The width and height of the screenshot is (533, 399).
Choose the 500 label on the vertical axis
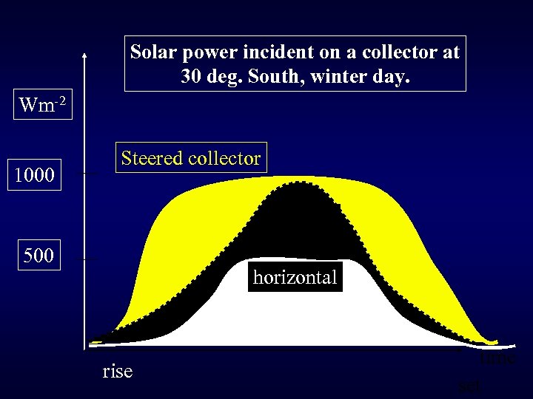click(x=38, y=257)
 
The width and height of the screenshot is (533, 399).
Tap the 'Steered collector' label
click(x=190, y=158)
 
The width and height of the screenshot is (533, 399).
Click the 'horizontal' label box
click(x=295, y=277)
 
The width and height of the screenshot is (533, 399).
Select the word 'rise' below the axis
click(x=118, y=370)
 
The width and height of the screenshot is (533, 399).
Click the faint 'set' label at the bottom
click(x=468, y=384)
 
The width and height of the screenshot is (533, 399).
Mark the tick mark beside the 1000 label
click(x=90, y=174)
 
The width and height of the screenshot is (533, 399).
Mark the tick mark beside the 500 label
click(x=90, y=259)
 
